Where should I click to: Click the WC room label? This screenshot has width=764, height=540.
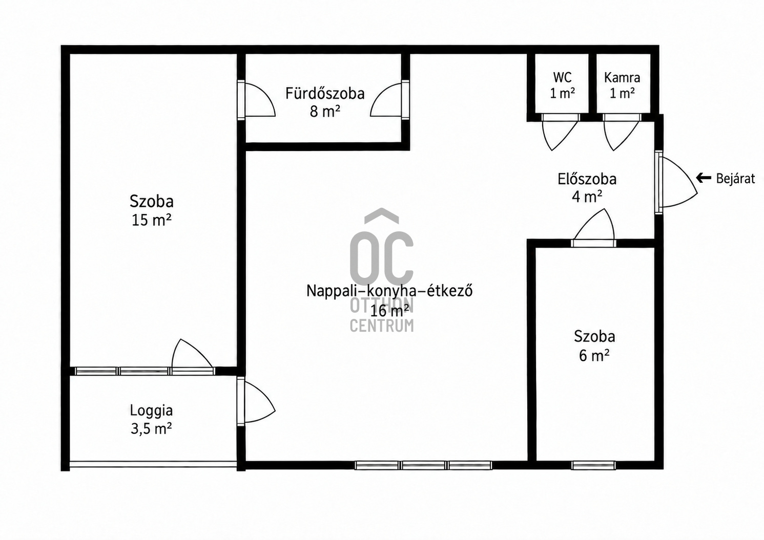tap(563, 77)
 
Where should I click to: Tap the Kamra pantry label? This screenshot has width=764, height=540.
tap(622, 78)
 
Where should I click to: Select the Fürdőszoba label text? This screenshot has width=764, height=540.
tap(325, 93)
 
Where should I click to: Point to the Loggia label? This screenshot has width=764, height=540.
tap(152, 411)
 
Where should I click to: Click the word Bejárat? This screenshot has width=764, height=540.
tap(735, 179)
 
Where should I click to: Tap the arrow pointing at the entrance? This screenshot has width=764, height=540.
tap(704, 178)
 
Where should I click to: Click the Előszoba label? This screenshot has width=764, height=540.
tap(587, 179)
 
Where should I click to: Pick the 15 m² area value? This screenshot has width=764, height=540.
tap(152, 220)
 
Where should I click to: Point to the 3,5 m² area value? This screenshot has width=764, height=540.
tap(151, 428)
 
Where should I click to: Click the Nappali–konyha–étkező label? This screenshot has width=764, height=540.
tap(389, 291)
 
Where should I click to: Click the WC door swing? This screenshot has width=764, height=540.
tap(560, 132)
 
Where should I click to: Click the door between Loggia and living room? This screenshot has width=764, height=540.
tap(257, 402)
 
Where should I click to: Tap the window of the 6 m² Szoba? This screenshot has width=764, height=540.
tap(593, 465)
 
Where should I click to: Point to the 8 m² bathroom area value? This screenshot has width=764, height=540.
tap(325, 112)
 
